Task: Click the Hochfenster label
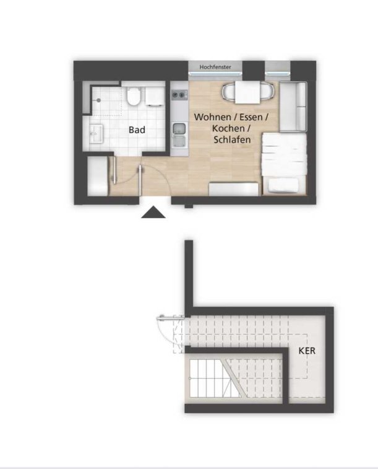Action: coord(215,67)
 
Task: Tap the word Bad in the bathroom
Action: coord(137,130)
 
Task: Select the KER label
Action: coord(307,351)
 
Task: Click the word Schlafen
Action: coord(232,139)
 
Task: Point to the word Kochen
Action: coord(228,128)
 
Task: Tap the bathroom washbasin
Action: coord(96,134)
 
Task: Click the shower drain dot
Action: coord(99,100)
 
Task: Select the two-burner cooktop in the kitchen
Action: coord(179,95)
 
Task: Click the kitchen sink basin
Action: coord(179,129)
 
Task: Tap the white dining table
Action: coord(247,92)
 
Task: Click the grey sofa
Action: coord(293,106)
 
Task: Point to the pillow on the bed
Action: coord(283,185)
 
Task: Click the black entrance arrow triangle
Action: coord(153,213)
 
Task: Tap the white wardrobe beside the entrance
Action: coord(97,176)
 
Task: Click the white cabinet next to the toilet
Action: coord(155,96)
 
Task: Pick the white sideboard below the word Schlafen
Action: coord(233,189)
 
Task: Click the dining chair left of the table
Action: coord(228,92)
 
